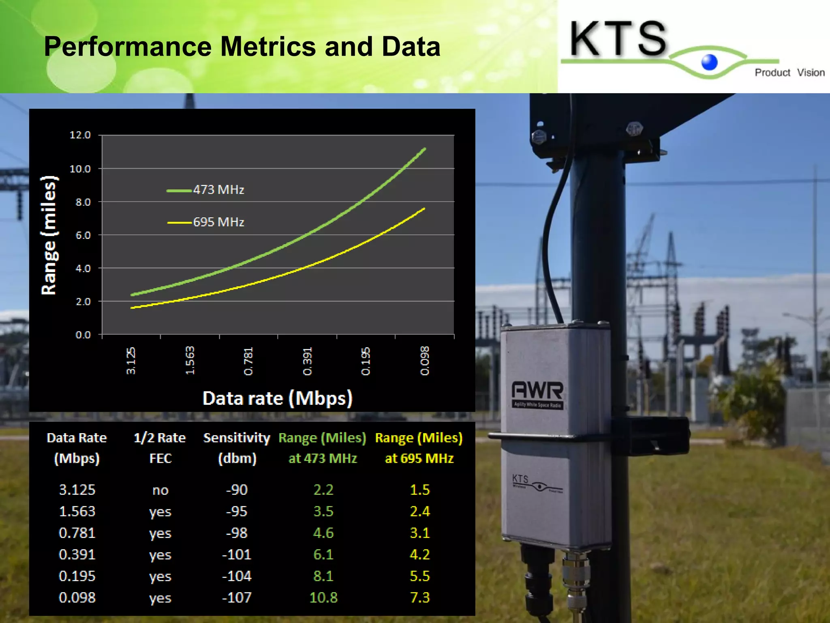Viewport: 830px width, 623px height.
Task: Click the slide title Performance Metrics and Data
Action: point(242,46)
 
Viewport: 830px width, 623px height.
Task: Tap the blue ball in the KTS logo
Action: point(709,62)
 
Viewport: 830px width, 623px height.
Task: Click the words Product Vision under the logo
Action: point(789,73)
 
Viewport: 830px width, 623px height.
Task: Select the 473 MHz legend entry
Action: point(206,190)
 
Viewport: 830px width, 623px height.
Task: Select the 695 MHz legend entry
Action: point(206,222)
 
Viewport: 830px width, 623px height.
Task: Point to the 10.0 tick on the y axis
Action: point(80,169)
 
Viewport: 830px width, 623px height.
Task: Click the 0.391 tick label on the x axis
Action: point(307,361)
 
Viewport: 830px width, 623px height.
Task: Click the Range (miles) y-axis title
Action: point(49,235)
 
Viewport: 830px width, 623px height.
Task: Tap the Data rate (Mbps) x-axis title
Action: point(277,398)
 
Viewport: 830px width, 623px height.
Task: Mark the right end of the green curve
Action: point(424,149)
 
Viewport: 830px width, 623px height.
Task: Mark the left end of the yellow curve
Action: point(132,308)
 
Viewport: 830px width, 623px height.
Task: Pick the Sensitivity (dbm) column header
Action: point(237,448)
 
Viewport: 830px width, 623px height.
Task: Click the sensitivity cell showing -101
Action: point(237,554)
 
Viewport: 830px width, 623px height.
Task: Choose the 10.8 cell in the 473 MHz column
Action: point(323,597)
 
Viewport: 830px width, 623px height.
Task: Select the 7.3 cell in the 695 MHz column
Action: point(419,597)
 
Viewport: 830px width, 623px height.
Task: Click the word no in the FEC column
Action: point(160,490)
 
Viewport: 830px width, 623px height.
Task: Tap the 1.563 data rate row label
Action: point(77,511)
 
